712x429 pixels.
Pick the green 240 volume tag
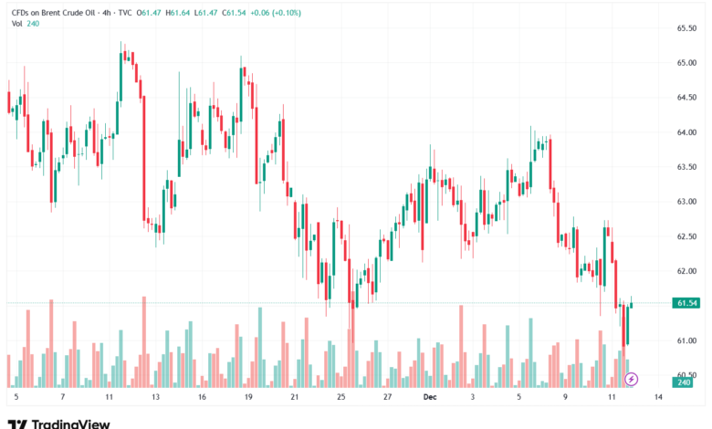(682, 383)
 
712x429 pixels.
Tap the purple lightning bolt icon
(631, 379)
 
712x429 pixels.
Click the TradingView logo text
(70, 424)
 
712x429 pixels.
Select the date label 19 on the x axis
(247, 399)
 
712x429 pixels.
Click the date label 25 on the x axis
(340, 399)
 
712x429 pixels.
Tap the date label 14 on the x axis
(660, 399)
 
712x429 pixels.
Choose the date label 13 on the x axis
(155, 399)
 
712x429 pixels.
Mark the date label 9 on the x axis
(566, 399)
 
